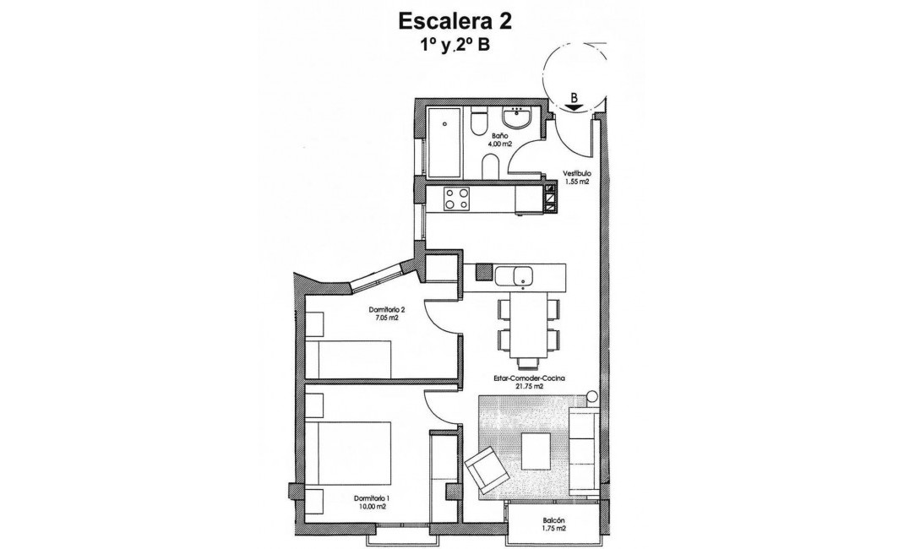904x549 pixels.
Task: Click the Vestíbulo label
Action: (x=577, y=174)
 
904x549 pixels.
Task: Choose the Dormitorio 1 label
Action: (x=370, y=498)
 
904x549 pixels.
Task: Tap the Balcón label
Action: (x=553, y=521)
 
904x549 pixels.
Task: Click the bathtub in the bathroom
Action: (x=444, y=143)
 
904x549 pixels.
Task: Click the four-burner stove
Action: (x=458, y=199)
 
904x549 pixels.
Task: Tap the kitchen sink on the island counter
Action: (x=512, y=274)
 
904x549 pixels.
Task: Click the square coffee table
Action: (x=537, y=450)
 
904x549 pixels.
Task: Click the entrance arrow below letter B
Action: (x=575, y=107)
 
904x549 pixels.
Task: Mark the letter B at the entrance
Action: (x=575, y=96)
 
